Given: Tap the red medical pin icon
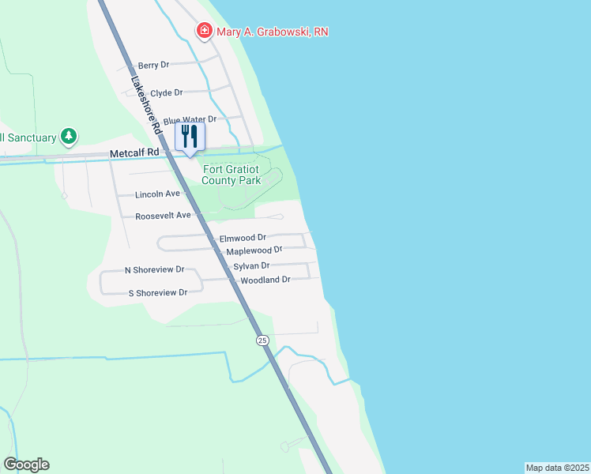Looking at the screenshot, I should coord(204,31).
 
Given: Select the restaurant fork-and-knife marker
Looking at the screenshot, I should coord(189,136).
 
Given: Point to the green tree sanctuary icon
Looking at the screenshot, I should coord(70,137).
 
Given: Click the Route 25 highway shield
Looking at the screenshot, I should coord(262,340).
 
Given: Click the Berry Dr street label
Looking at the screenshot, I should coord(154,66).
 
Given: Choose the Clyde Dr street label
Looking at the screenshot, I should coord(166,92).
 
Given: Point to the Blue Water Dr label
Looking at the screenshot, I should coord(190,119).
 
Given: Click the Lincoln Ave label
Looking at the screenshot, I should coord(158,194).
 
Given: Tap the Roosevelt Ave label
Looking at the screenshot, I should coord(163,215).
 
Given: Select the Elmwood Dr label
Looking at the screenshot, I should coord(243,237).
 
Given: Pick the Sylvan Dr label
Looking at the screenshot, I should coord(251,266).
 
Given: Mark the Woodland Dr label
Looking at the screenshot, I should coord(265,280).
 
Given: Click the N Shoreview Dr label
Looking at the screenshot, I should coord(155,269).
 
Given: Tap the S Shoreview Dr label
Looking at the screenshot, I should coord(158,292).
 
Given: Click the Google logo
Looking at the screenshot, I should coord(26,465).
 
